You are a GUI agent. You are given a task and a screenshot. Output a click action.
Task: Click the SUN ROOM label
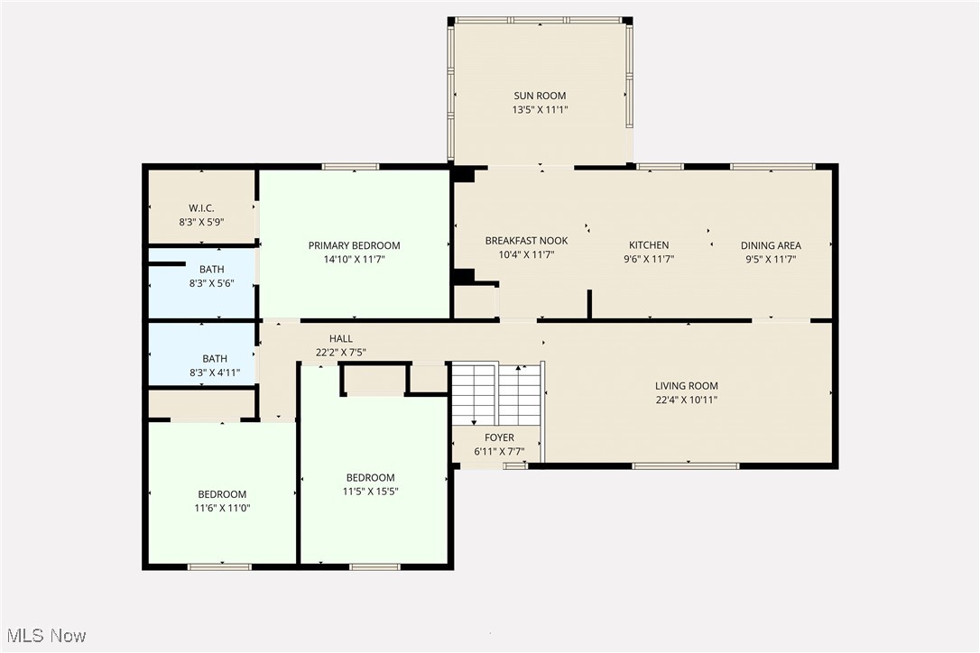(x=540, y=96)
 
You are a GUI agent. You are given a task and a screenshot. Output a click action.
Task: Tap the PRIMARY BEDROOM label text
(x=354, y=245)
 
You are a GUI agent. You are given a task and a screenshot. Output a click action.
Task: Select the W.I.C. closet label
(x=201, y=208)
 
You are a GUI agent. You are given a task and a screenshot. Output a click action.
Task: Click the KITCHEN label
(x=649, y=245)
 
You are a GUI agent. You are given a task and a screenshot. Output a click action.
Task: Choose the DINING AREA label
(x=771, y=245)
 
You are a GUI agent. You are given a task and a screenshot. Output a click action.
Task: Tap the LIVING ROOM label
(x=686, y=386)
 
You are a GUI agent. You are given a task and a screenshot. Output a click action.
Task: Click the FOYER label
(x=499, y=437)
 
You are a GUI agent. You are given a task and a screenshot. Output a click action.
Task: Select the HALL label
(x=340, y=339)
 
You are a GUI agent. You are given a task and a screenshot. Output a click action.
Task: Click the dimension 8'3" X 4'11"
(x=215, y=372)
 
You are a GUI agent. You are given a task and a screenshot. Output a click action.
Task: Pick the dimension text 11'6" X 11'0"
(x=222, y=508)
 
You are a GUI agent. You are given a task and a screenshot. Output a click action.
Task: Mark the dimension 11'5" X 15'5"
(x=370, y=492)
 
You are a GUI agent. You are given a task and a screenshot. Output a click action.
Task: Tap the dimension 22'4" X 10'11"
(x=686, y=400)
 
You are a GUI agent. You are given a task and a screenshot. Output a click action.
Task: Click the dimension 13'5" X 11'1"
(x=540, y=110)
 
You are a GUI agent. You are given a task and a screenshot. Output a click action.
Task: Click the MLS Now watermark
(x=45, y=636)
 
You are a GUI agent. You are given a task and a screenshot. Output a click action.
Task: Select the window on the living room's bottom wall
(x=685, y=465)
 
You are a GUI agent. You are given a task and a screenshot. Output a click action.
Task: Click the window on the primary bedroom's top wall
(x=350, y=166)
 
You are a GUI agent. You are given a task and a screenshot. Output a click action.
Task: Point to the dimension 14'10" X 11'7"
(x=354, y=259)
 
